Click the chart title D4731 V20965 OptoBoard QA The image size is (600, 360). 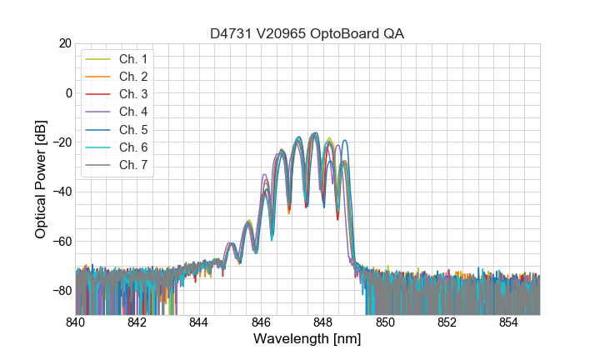click(307, 33)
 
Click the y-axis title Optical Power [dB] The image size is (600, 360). click(41, 179)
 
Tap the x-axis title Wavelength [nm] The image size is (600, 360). click(307, 339)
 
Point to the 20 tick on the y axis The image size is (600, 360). click(64, 43)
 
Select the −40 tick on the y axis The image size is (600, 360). click(61, 192)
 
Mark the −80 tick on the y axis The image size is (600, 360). click(61, 291)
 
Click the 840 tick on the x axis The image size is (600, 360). click(76, 322)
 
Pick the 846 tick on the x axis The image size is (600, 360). click(262, 322)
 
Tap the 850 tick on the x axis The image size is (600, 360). click(385, 322)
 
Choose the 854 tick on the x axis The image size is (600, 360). click(509, 322)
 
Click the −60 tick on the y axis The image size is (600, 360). click(61, 242)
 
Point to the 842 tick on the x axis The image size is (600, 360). click(137, 322)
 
